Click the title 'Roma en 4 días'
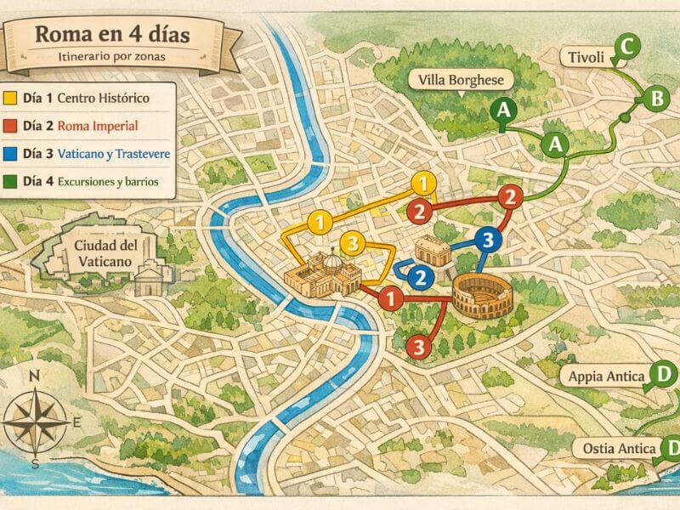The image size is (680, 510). point(111,36)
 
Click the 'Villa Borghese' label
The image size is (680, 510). point(462,81)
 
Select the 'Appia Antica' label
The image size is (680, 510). point(606,376)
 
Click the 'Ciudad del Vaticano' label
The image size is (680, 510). point(102,253)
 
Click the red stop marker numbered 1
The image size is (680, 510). point(389,298)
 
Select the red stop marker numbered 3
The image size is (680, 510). point(417,346)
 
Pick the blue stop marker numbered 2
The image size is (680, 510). point(418,277)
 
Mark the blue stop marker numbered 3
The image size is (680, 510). point(486,241)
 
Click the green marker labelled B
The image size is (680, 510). point(656,99)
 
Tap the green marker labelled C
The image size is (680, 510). point(626,47)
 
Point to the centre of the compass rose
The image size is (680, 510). point(36,417)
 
